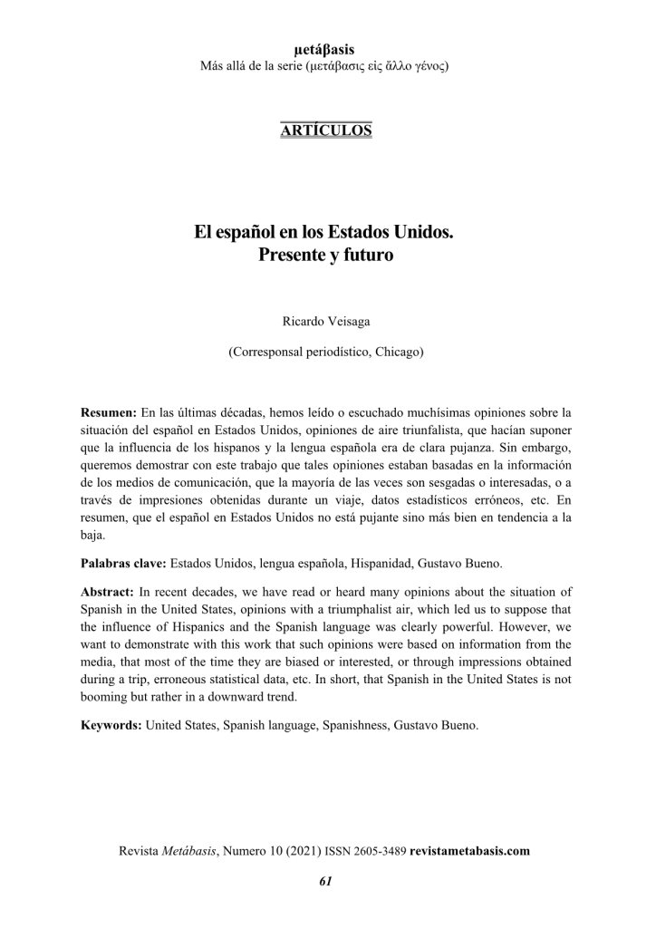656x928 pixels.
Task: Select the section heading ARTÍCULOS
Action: (327, 130)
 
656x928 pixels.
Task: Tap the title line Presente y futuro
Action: (327, 256)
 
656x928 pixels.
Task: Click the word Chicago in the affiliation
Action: (397, 350)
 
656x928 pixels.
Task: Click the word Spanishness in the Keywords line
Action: (353, 726)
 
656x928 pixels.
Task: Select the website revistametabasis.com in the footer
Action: (469, 851)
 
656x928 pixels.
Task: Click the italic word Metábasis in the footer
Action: (188, 851)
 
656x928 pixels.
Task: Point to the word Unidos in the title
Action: (424, 232)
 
